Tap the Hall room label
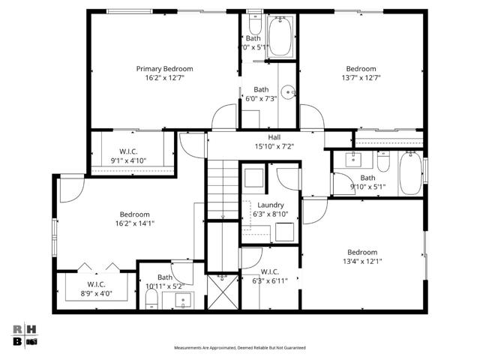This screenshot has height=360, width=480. [274, 137]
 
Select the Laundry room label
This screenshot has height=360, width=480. [270, 205]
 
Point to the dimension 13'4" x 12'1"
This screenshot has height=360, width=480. [362, 261]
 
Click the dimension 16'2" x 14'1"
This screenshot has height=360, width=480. [135, 223]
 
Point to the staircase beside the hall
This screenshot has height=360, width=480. [222, 190]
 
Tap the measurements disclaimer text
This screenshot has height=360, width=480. [239, 348]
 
